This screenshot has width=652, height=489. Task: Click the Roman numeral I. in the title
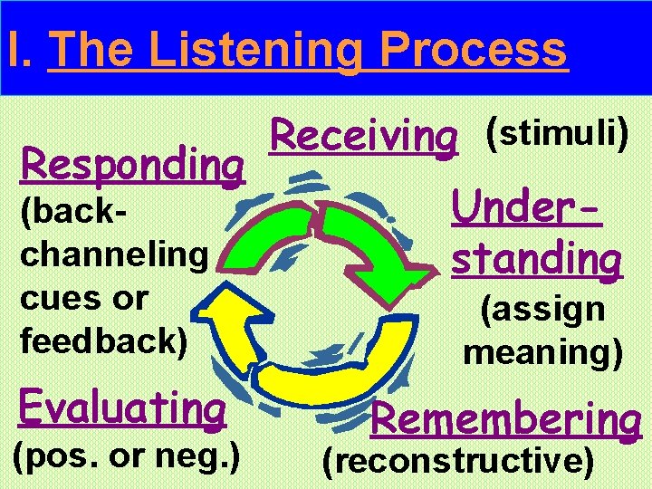point(17,50)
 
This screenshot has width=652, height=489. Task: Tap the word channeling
point(113,254)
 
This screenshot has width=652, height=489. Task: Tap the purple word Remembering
point(506,418)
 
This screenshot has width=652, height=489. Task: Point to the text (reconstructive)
point(459,461)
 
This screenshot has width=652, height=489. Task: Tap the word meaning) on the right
point(542,351)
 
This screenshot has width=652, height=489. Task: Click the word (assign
point(542,309)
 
